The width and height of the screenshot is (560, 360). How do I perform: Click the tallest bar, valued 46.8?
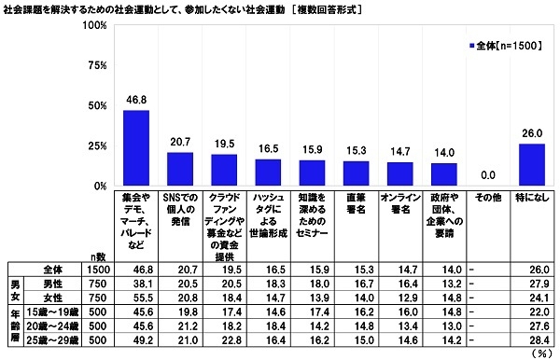(137, 148)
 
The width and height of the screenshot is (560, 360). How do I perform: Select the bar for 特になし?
(531, 165)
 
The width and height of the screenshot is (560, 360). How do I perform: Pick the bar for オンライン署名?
(399, 174)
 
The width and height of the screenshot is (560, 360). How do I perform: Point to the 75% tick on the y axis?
(91, 65)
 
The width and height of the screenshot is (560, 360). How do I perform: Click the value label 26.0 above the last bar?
(531, 134)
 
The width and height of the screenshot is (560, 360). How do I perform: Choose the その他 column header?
(487, 199)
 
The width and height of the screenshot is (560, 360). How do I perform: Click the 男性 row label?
(57, 282)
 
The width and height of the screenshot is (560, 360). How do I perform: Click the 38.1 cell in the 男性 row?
(137, 282)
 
